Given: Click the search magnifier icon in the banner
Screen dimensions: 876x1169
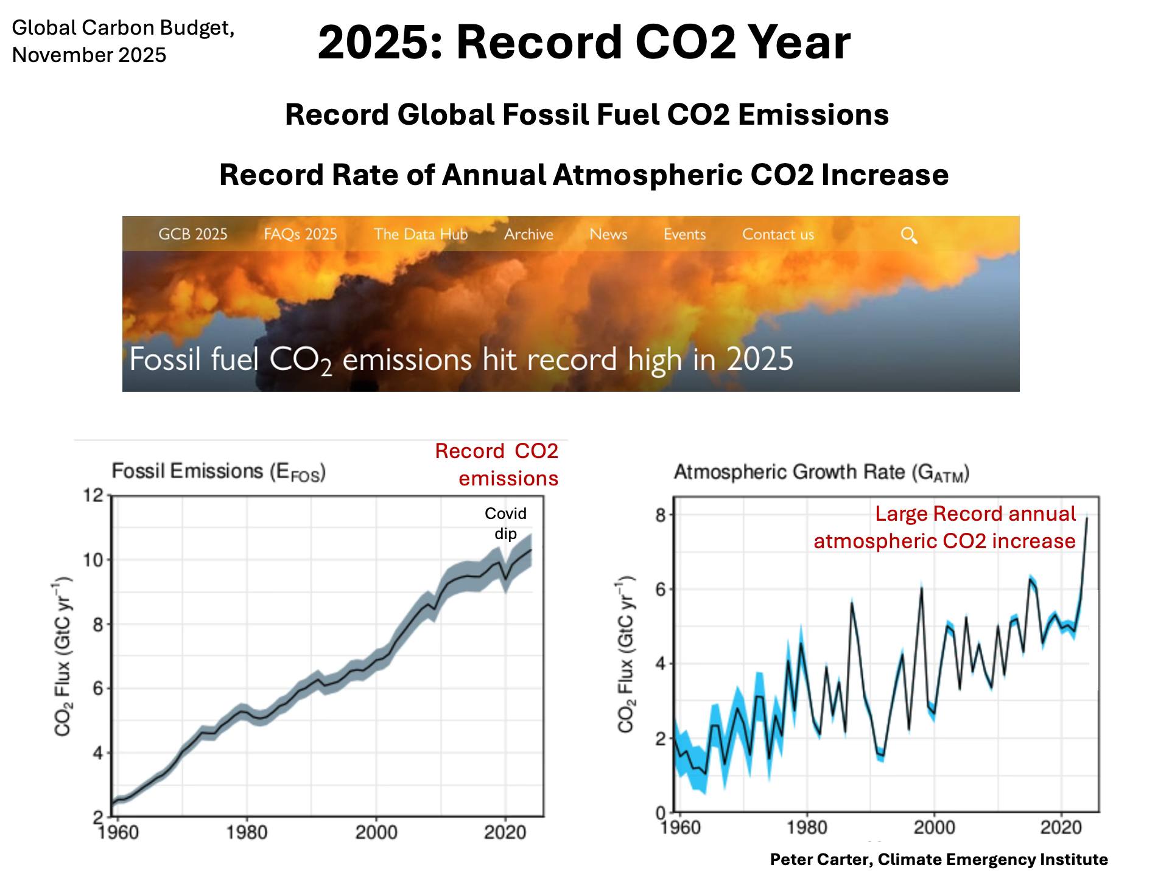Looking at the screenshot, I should click(x=908, y=235).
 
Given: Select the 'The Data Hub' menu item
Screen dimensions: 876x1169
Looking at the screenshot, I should click(x=421, y=234).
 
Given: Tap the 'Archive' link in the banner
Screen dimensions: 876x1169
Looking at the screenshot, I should click(x=528, y=234).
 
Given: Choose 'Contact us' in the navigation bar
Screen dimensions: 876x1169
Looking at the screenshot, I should click(x=778, y=234).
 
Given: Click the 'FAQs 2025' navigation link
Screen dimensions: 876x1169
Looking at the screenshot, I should click(x=300, y=234).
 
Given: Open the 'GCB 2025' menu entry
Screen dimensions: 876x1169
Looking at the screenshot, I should click(x=192, y=234).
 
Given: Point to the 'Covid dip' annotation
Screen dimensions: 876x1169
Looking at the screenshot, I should click(x=505, y=523).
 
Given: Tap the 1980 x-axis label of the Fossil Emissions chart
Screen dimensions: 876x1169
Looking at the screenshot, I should click(x=247, y=832).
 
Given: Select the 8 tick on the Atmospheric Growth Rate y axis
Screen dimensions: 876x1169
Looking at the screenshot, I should click(x=661, y=515).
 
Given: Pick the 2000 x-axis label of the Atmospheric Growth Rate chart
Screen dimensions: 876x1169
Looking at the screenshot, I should click(x=934, y=827).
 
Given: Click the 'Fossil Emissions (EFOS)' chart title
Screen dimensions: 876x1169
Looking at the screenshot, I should click(x=219, y=472).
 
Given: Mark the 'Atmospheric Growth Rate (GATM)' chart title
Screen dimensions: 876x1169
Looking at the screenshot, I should click(x=821, y=473).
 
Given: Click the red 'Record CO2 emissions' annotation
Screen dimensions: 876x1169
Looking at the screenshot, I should click(x=497, y=465).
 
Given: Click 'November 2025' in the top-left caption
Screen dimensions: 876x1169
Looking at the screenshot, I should click(x=89, y=55).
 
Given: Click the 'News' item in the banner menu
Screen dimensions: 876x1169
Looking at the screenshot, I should click(x=608, y=234).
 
